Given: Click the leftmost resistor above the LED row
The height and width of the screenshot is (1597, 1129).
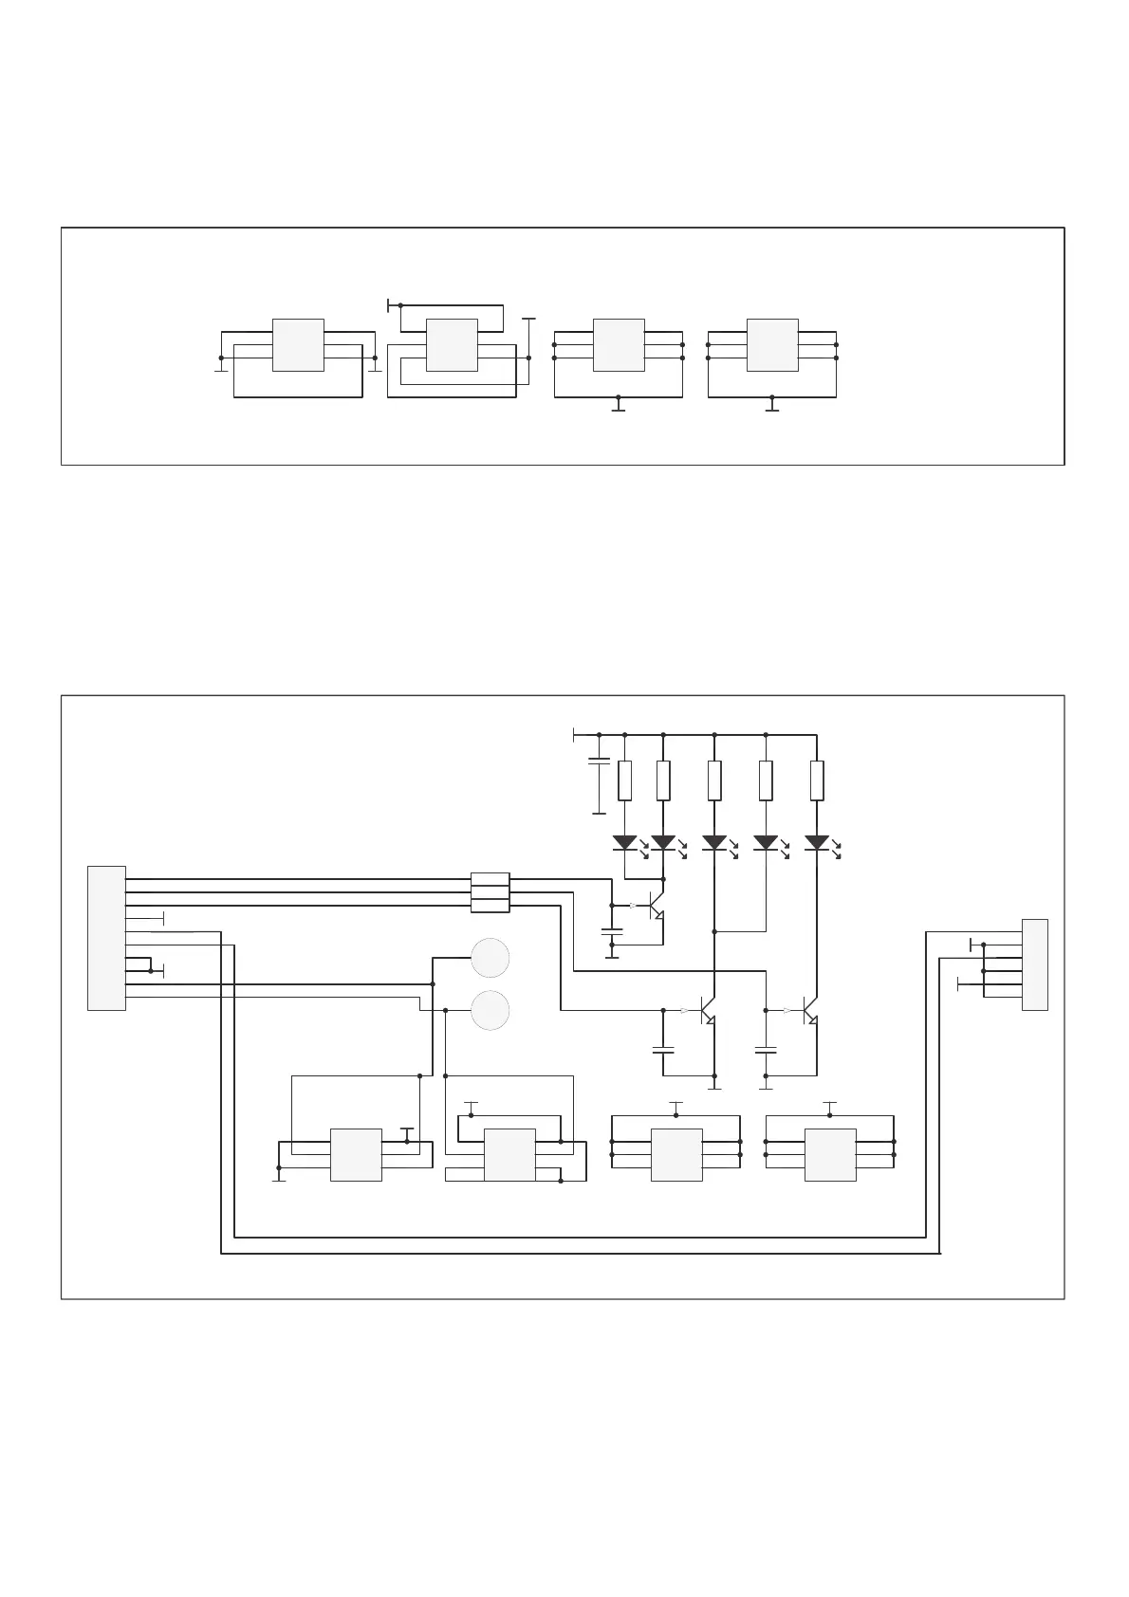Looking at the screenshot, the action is (x=624, y=780).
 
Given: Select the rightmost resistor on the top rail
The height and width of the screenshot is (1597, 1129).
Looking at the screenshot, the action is (x=817, y=780).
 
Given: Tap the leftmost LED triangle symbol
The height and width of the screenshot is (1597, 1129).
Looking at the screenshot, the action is (x=624, y=842).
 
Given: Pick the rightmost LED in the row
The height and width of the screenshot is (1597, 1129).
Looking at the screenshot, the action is (x=817, y=842).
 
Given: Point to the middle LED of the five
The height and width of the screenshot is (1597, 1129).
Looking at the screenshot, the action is (x=713, y=842).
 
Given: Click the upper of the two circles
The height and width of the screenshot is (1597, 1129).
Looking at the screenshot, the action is (x=490, y=958).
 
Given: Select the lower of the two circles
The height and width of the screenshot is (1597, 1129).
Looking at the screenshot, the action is (x=490, y=1010).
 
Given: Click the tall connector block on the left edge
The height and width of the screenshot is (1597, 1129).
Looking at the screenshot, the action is (x=106, y=938).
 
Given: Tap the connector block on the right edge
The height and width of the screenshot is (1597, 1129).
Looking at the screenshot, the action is (x=1035, y=964).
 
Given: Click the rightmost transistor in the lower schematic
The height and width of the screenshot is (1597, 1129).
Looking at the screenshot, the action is (x=809, y=1011).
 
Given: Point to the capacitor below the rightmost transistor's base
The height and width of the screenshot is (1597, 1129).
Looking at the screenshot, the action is (x=766, y=1050).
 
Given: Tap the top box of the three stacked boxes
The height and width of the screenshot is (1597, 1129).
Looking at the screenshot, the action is (x=490, y=879).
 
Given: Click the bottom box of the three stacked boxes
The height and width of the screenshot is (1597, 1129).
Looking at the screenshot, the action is (x=490, y=906).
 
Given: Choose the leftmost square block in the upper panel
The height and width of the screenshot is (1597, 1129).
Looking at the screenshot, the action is (x=298, y=345).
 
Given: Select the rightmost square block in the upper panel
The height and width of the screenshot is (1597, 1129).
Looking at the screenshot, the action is (x=772, y=345).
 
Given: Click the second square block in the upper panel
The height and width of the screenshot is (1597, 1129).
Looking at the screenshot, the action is (x=452, y=345).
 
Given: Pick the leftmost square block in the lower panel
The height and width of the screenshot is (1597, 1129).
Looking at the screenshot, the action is (x=356, y=1155).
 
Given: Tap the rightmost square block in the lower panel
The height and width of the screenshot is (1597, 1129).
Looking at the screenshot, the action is (x=830, y=1155).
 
